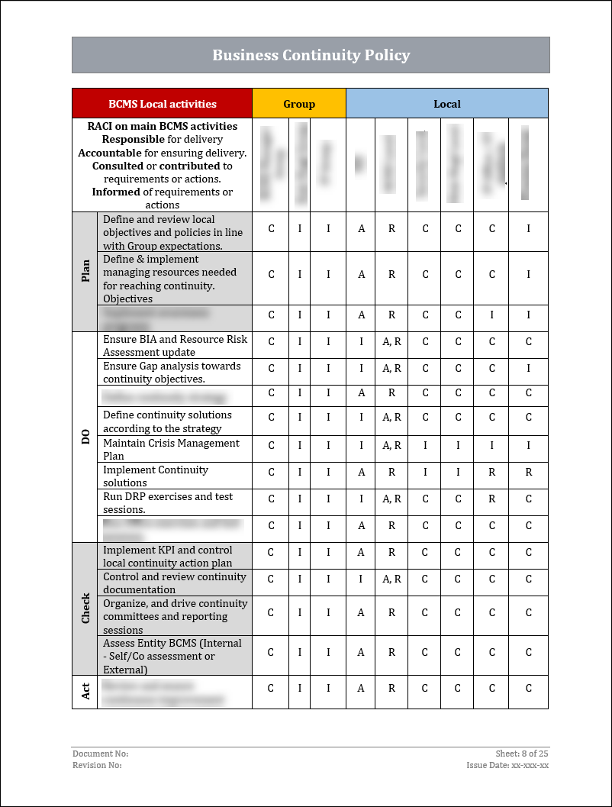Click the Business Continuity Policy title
(311, 55)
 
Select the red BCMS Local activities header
(162, 104)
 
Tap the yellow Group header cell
(299, 104)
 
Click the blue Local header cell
(447, 104)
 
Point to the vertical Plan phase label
(85, 271)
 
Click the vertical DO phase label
(85, 437)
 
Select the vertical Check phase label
(85, 608)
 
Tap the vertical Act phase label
(85, 691)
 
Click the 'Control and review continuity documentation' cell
(175, 583)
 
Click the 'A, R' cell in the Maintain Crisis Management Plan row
(391, 449)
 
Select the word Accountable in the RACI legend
(111, 153)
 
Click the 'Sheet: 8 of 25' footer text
(522, 754)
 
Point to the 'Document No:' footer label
(95, 754)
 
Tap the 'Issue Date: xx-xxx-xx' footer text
(507, 765)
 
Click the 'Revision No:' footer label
(97, 765)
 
